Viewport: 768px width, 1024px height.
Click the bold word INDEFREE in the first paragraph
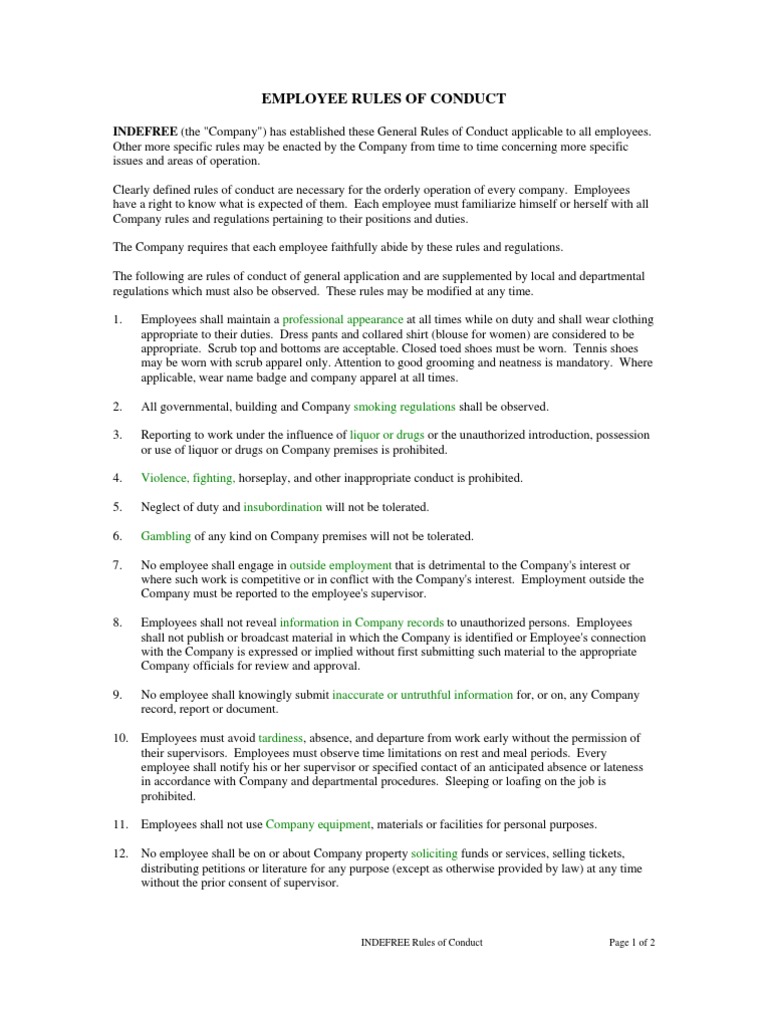[145, 132]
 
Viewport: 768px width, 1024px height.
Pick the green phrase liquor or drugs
[387, 435]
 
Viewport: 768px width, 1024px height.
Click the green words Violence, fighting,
[188, 478]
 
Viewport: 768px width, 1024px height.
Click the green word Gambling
[165, 536]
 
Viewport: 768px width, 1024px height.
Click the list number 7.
[117, 565]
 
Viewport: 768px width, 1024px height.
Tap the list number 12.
[120, 854]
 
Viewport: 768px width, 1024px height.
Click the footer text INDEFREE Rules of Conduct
[420, 942]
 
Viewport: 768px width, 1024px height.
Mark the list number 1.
[117, 319]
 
